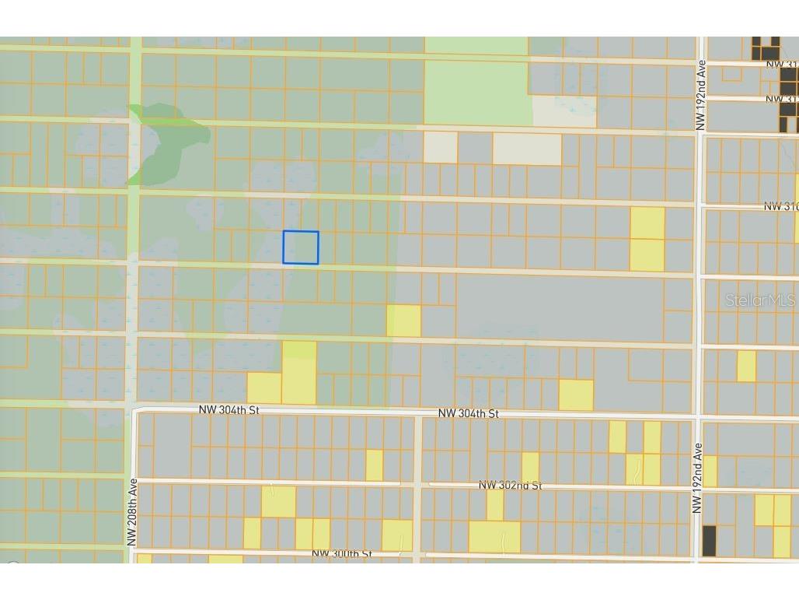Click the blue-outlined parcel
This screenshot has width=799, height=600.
coord(300,247)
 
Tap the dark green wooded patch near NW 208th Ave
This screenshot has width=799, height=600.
coord(167,144)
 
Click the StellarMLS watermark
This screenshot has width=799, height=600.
coord(759,300)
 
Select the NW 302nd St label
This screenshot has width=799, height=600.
coord(510,485)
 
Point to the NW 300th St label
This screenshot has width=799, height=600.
coord(342,554)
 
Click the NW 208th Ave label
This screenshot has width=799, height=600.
coord(131,511)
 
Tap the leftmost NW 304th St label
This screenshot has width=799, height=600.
coord(229,409)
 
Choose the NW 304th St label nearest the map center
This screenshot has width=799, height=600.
coord(468,413)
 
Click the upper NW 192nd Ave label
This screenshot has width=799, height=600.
coord(701,95)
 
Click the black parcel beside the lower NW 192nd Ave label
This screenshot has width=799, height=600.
coord(709,541)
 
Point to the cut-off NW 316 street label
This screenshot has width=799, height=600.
coord(780,206)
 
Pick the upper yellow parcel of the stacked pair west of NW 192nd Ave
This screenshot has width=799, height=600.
coord(647,223)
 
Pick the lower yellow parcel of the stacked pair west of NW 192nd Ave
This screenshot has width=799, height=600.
coord(647,255)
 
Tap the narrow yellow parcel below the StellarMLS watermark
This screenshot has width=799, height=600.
coord(746,366)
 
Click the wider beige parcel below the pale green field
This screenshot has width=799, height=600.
coord(527,149)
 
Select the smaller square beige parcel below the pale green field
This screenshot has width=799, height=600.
coord(440,147)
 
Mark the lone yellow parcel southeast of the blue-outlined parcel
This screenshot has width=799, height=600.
coord(403,321)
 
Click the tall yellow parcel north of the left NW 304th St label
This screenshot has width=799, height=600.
coord(298,373)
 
